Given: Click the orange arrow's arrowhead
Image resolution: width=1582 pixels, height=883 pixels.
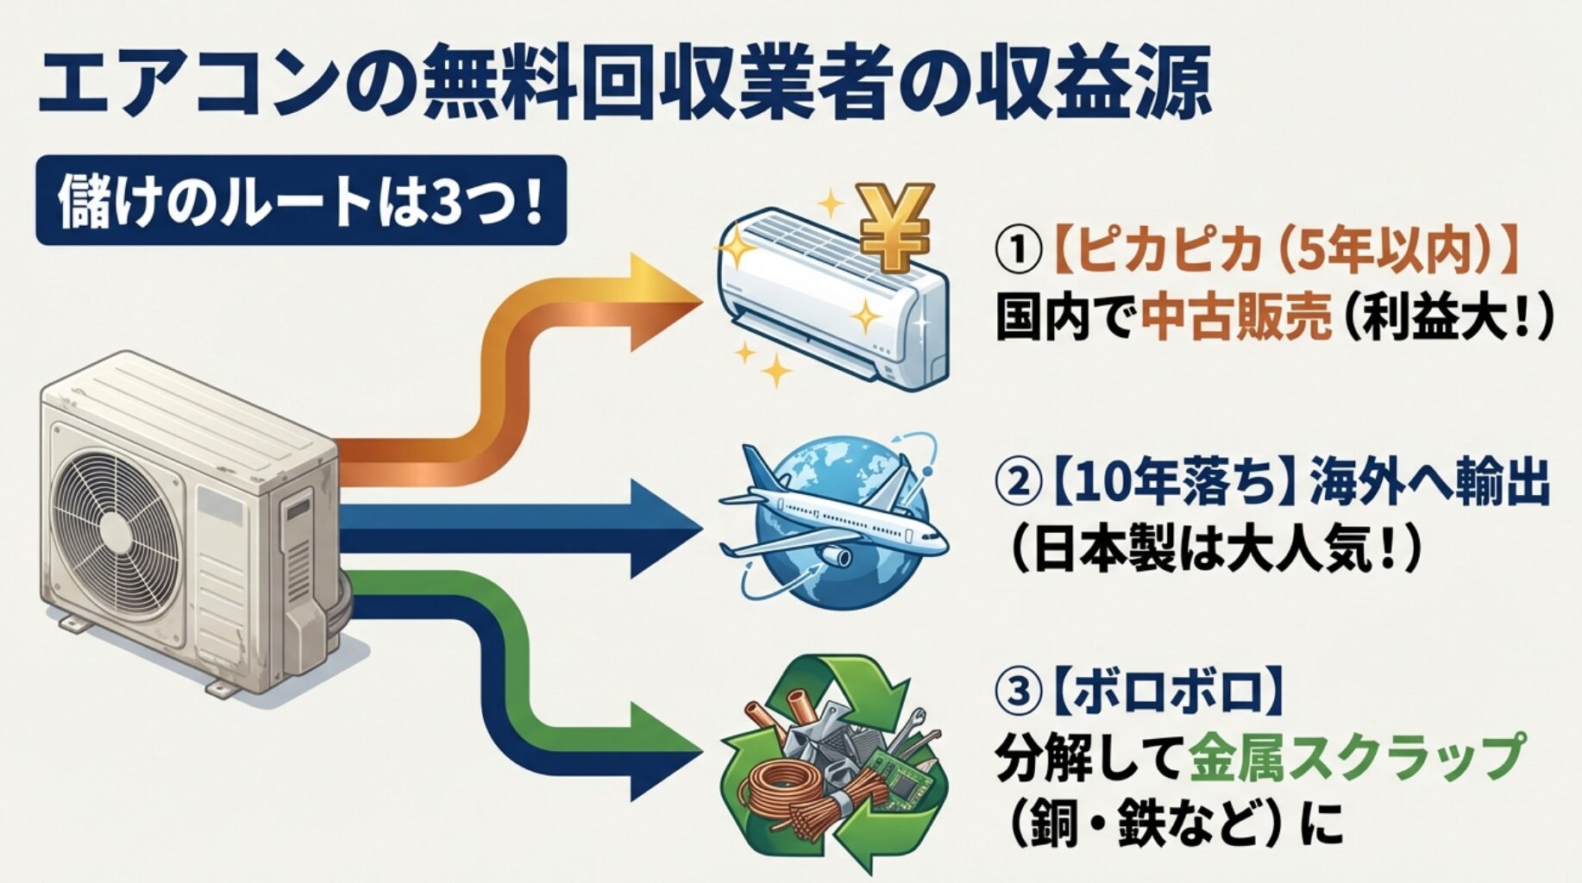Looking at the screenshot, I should tap(664, 302).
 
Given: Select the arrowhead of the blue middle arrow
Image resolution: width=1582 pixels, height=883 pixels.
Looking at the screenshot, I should tap(664, 528).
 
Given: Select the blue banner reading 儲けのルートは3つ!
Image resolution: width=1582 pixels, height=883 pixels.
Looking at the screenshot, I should tap(300, 201).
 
